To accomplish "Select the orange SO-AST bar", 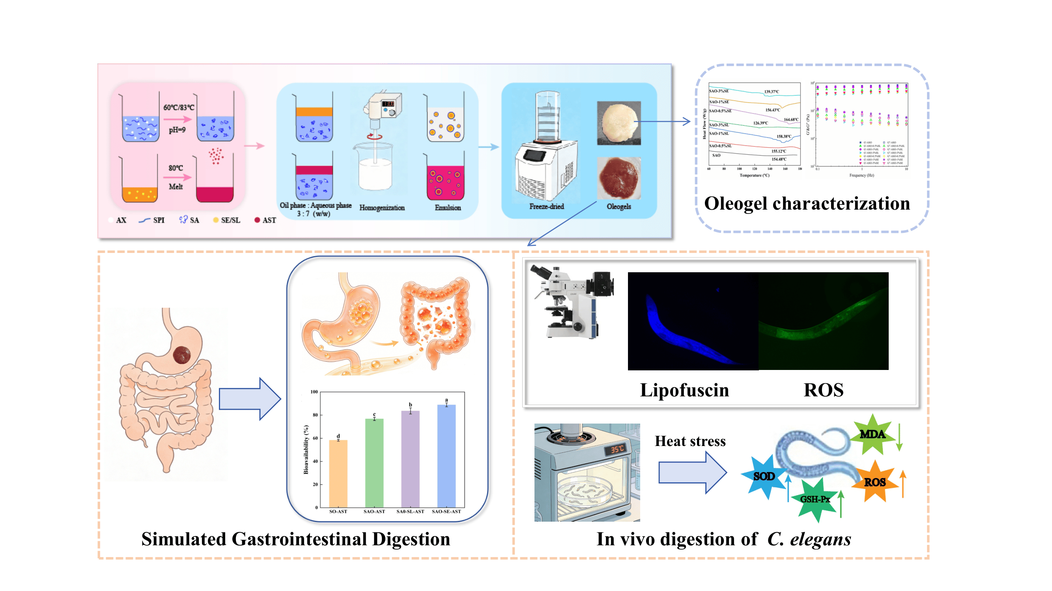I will (338, 473).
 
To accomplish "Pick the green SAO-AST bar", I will (374, 463).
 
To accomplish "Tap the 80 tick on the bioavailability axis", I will (315, 415).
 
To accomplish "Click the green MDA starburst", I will (872, 434).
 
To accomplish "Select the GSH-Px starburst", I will (815, 499).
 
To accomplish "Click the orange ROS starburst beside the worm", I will (874, 482).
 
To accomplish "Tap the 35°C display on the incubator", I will (617, 449).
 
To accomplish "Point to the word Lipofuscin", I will (684, 390).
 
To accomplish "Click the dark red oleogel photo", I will (619, 178).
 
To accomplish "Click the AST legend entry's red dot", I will (257, 220).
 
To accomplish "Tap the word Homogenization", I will (382, 208).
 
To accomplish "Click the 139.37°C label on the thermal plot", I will (772, 92).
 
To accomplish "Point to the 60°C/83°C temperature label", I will (179, 107).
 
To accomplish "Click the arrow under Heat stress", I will (692, 473).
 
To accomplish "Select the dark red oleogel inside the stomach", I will (182, 355).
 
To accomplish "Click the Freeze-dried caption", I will (546, 206).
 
